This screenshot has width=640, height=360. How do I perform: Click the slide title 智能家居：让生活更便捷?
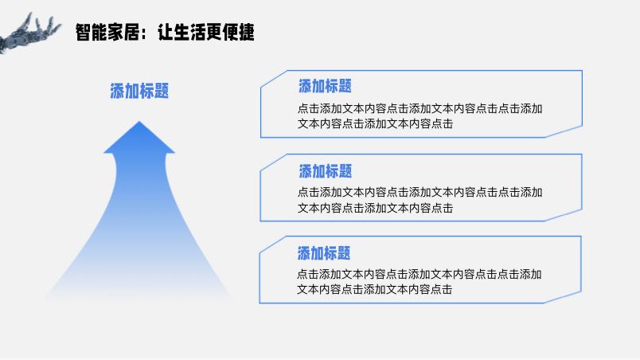(x=165, y=32)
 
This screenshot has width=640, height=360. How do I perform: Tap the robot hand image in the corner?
(x=29, y=33)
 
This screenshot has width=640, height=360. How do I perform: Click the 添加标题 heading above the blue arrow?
(x=139, y=91)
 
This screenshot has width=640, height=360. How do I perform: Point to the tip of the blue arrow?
(x=139, y=121)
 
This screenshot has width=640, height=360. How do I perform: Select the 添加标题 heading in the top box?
(x=325, y=86)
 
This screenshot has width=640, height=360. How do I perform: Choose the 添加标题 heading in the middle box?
(x=326, y=171)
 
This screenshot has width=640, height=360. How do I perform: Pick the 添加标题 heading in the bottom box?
(x=324, y=253)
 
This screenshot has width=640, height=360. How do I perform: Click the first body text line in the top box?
(x=420, y=108)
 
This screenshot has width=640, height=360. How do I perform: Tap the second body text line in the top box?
(x=375, y=123)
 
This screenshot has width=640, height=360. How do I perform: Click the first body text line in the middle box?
(x=420, y=192)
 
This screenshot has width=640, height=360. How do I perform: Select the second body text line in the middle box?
(x=375, y=208)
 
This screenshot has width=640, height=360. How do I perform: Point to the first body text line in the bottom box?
(x=419, y=274)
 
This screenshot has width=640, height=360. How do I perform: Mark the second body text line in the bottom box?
(x=374, y=289)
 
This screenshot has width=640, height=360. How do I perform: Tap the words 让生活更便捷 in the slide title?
(x=206, y=32)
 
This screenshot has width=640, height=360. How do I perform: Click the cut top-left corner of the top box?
(x=274, y=78)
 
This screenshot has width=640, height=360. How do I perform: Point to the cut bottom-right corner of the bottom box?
(x=563, y=298)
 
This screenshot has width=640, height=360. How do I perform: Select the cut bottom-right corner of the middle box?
(x=564, y=215)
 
